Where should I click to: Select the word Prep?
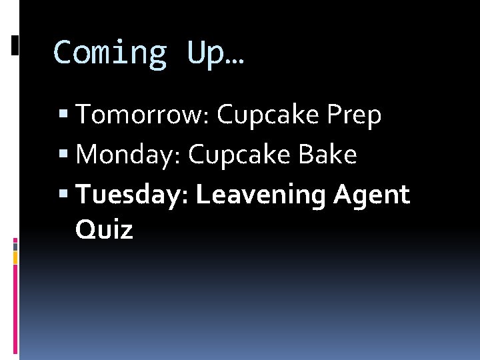(354, 115)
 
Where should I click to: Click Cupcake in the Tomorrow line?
(268, 116)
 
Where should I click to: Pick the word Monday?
(129, 155)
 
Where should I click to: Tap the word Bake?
(327, 155)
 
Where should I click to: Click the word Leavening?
(260, 195)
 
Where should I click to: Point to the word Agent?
(371, 195)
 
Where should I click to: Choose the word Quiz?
(104, 230)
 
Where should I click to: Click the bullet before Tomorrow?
(63, 116)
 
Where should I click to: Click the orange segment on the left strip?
(15, 245)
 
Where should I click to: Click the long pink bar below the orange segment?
(15, 307)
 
